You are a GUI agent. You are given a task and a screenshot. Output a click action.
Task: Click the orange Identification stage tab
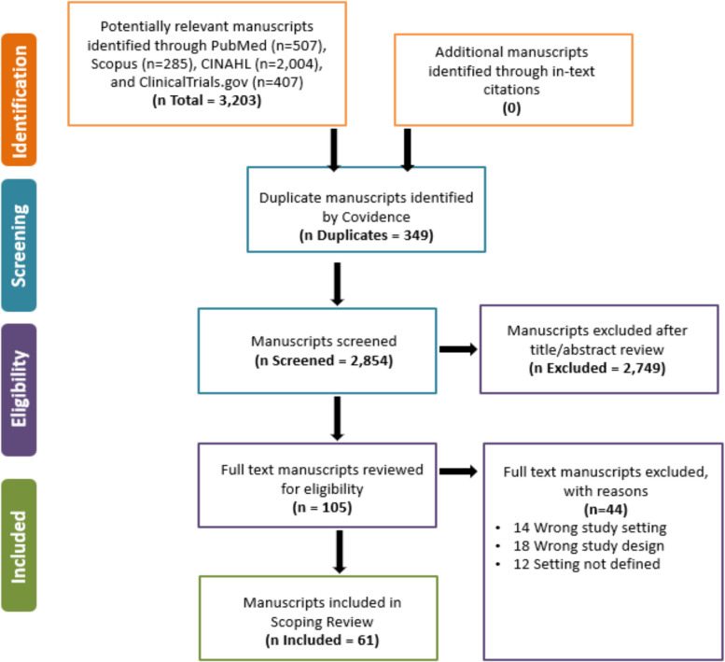19,100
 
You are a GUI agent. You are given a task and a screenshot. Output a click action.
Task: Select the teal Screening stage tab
19,246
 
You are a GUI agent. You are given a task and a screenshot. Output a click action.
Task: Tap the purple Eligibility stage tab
19,390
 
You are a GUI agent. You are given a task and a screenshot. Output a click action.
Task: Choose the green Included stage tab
19,545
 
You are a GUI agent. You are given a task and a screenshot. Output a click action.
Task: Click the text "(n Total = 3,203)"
207,101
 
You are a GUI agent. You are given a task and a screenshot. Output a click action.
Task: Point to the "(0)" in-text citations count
511,108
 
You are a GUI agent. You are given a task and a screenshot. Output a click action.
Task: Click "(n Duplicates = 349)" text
366,235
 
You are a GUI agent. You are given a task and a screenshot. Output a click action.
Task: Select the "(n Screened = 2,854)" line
324,360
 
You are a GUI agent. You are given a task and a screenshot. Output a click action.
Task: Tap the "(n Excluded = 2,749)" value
597,368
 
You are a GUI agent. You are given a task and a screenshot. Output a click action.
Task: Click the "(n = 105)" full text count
322,508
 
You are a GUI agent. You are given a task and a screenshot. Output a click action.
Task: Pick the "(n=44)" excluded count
606,509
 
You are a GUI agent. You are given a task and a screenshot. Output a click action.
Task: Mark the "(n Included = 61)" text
322,641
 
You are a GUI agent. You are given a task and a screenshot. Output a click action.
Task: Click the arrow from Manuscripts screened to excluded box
458,349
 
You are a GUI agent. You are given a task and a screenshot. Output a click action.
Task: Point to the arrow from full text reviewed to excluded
458,472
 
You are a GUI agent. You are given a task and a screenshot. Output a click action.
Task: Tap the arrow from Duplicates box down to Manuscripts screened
338,284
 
